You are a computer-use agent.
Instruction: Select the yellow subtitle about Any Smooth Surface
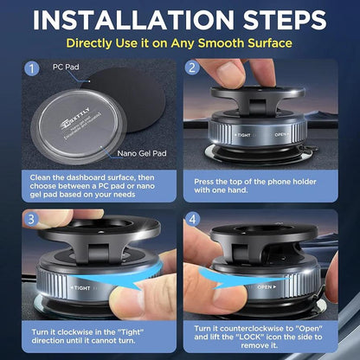180,42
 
